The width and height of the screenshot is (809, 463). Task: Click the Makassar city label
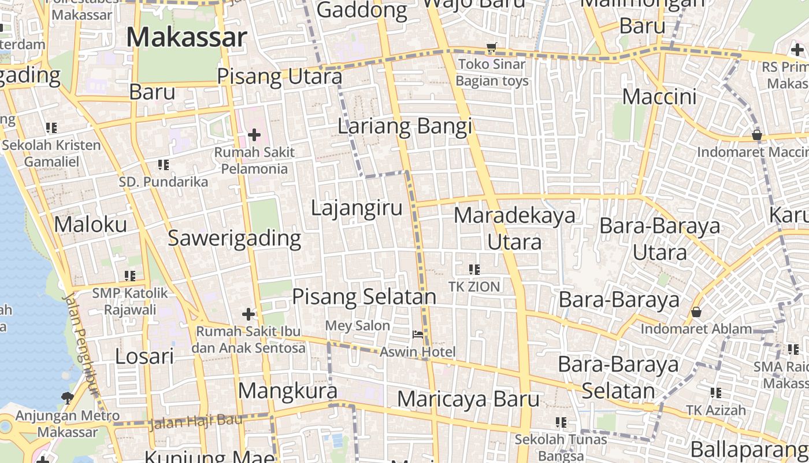point(187,38)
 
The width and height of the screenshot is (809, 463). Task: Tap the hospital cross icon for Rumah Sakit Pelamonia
point(254,135)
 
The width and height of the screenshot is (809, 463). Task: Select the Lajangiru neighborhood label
point(357,208)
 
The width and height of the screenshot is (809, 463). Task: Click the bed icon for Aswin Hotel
point(417,335)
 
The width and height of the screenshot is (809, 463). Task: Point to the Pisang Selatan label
point(364,297)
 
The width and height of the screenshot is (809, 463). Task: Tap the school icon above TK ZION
point(474,269)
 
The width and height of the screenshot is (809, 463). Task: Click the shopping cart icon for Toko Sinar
point(492,47)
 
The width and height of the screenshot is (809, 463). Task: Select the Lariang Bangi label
point(404,126)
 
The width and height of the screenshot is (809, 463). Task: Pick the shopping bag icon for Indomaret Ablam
point(696,312)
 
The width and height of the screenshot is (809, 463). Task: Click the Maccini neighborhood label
point(659,97)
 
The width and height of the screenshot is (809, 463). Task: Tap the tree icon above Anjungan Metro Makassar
point(67,398)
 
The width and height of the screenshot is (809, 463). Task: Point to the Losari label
point(144,357)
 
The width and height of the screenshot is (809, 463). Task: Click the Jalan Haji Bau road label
point(195,421)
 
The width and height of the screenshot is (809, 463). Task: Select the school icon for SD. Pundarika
point(164,166)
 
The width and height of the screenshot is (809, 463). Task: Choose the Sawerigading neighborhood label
point(234,238)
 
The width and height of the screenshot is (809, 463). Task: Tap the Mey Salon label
point(357,326)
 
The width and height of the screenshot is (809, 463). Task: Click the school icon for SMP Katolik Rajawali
point(130,276)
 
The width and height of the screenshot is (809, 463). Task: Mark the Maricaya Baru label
point(469,399)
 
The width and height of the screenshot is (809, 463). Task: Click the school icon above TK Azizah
point(716,393)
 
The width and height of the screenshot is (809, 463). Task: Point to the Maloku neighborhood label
point(90,225)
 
